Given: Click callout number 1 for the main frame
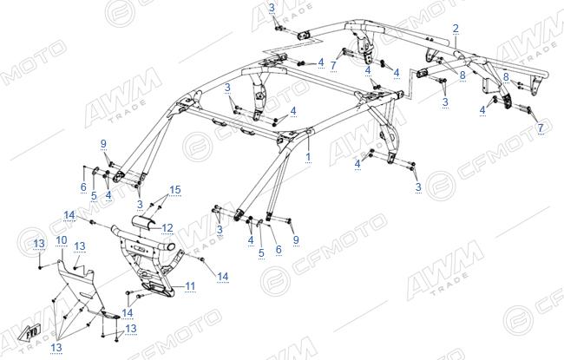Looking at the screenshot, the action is point(308,157).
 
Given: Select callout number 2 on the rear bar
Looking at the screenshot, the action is point(456,29).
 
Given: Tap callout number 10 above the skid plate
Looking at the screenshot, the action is point(62,240).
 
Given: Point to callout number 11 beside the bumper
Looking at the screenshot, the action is point(190,286).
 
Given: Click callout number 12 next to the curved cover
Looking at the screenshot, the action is point(167,228).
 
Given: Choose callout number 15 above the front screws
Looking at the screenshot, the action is point(175,189).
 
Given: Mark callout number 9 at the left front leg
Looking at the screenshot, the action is point(103,144).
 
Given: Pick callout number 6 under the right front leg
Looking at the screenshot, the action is point(279,249).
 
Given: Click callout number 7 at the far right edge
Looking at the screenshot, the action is point(541,128).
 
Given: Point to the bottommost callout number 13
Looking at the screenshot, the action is point(56,348).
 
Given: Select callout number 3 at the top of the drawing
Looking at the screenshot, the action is point(272,8).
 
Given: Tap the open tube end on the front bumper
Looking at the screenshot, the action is point(171,247).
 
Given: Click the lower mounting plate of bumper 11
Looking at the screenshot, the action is point(158,289).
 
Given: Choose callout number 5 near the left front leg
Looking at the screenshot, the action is point(94,196).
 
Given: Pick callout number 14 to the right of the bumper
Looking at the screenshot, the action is point(223,277).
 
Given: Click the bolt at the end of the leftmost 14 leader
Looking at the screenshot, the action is point(92,222).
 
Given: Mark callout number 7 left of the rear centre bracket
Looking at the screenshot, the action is point(333,66).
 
